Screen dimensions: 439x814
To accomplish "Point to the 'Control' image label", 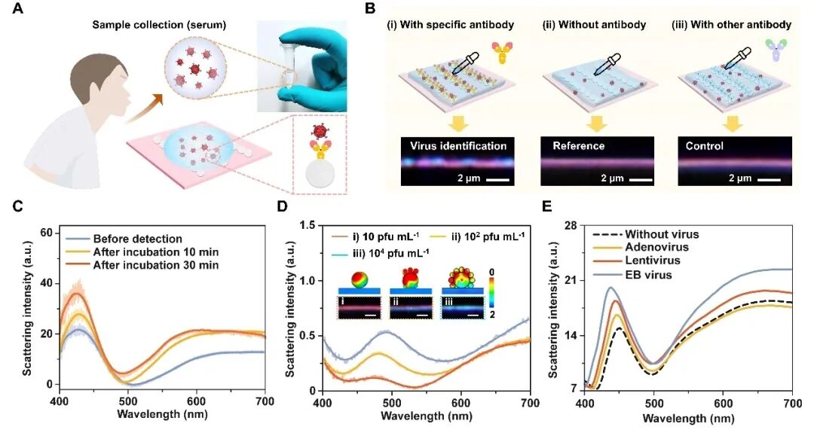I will coord(704,145).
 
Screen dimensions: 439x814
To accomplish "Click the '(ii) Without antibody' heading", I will coord(594,25).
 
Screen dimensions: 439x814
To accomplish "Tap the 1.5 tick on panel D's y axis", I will coord(306,224).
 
